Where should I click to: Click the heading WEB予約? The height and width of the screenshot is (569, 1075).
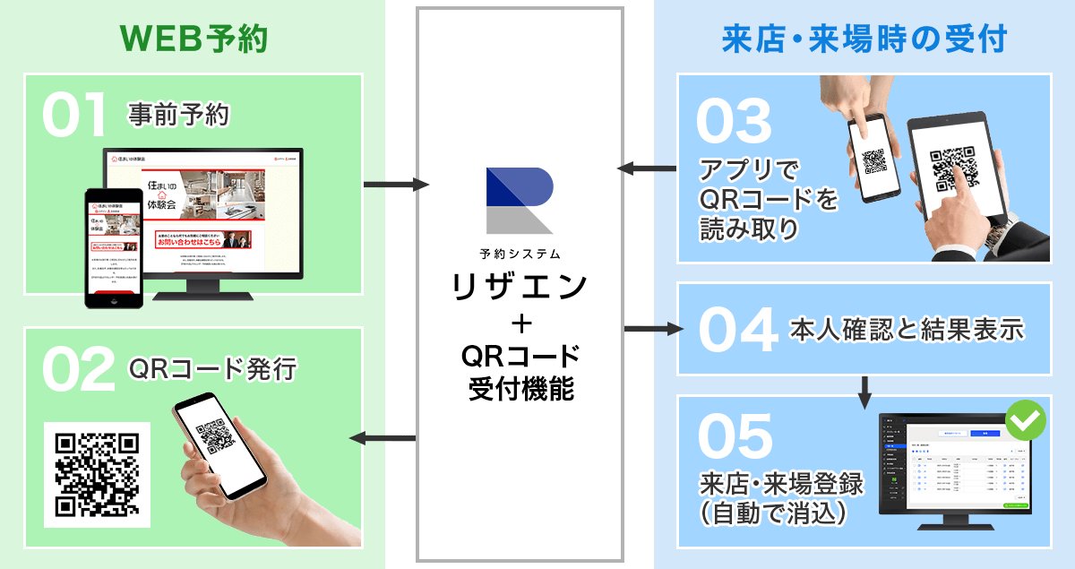(x=193, y=39)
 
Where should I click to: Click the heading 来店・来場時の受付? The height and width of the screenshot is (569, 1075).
(x=865, y=39)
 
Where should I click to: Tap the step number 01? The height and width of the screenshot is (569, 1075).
(x=74, y=117)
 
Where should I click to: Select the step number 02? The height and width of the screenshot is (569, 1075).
(x=76, y=371)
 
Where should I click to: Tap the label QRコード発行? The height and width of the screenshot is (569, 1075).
(x=212, y=368)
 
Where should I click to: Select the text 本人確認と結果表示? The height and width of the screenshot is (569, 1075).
(x=907, y=329)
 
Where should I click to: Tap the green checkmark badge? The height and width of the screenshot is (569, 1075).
(x=1026, y=418)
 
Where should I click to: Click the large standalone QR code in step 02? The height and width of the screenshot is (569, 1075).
(x=97, y=474)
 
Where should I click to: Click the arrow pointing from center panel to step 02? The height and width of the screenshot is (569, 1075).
(x=383, y=438)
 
